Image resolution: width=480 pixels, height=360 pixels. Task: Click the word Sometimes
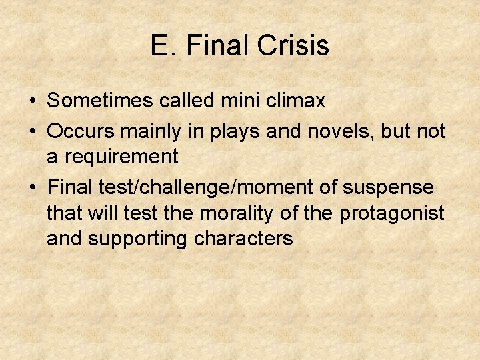click(x=90, y=101)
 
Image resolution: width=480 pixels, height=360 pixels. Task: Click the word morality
click(x=249, y=213)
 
